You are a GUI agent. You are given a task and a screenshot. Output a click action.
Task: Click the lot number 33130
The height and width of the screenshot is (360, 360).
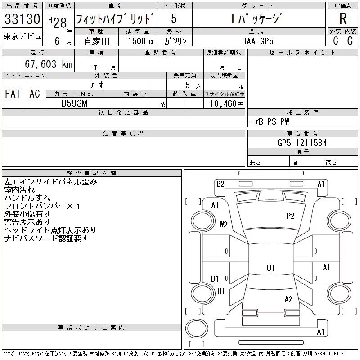click(x=22, y=18)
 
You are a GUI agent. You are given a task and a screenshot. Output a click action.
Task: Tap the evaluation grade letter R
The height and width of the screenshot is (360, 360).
click(x=343, y=18)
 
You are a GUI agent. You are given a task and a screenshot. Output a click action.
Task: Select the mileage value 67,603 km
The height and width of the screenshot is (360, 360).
click(x=49, y=64)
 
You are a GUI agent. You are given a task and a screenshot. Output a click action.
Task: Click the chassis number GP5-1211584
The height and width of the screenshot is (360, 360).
click(x=302, y=143)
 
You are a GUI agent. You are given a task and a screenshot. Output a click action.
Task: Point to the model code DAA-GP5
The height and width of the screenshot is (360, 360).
click(x=257, y=41)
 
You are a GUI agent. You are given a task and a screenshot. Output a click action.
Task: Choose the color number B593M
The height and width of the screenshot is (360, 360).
click(x=74, y=103)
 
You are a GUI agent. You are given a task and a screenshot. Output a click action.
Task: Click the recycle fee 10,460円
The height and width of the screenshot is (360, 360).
click(x=226, y=104)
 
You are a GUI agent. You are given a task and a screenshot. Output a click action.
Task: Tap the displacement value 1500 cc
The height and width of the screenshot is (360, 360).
click(x=141, y=41)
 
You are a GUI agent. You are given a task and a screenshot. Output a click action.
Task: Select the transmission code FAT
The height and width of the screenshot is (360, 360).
click(x=13, y=94)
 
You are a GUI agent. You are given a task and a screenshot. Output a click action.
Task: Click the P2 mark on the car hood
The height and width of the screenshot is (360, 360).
click(x=290, y=216)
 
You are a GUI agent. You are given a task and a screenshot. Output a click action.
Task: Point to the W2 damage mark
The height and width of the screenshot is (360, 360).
click(x=224, y=224)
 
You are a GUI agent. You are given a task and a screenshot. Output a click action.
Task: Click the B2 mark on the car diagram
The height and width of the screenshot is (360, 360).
click(x=220, y=184)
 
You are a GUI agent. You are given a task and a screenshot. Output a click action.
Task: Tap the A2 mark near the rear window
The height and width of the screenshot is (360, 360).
click(x=288, y=299)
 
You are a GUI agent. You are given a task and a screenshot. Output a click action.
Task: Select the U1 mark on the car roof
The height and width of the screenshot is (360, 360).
click(x=270, y=268)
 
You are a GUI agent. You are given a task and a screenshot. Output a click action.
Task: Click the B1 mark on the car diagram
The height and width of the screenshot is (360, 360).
click(x=215, y=279)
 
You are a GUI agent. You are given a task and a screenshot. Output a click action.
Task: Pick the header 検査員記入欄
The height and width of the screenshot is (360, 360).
click(x=91, y=173)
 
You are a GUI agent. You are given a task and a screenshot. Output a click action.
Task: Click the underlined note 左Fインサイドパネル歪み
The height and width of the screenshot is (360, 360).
click(x=50, y=182)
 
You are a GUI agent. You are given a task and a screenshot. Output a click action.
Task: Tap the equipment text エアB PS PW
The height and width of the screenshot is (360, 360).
click(x=269, y=121)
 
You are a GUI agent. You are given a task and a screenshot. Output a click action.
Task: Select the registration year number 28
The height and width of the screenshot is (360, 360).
click(x=60, y=23)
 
